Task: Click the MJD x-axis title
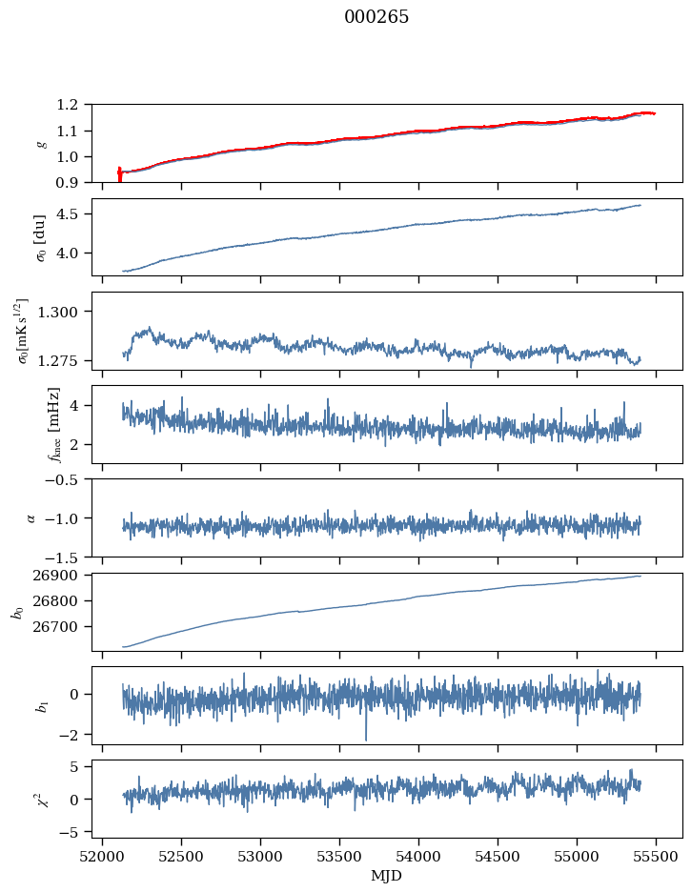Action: (x=387, y=876)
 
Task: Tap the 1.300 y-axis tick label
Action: (x=64, y=312)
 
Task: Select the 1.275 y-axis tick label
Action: (x=64, y=361)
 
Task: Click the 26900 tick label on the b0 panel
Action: (x=64, y=576)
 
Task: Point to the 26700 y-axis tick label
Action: (x=64, y=627)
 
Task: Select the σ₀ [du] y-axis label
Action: (x=28, y=236)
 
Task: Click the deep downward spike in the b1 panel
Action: (x=365, y=738)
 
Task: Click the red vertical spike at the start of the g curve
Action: (x=119, y=174)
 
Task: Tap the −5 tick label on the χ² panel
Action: (x=72, y=832)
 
